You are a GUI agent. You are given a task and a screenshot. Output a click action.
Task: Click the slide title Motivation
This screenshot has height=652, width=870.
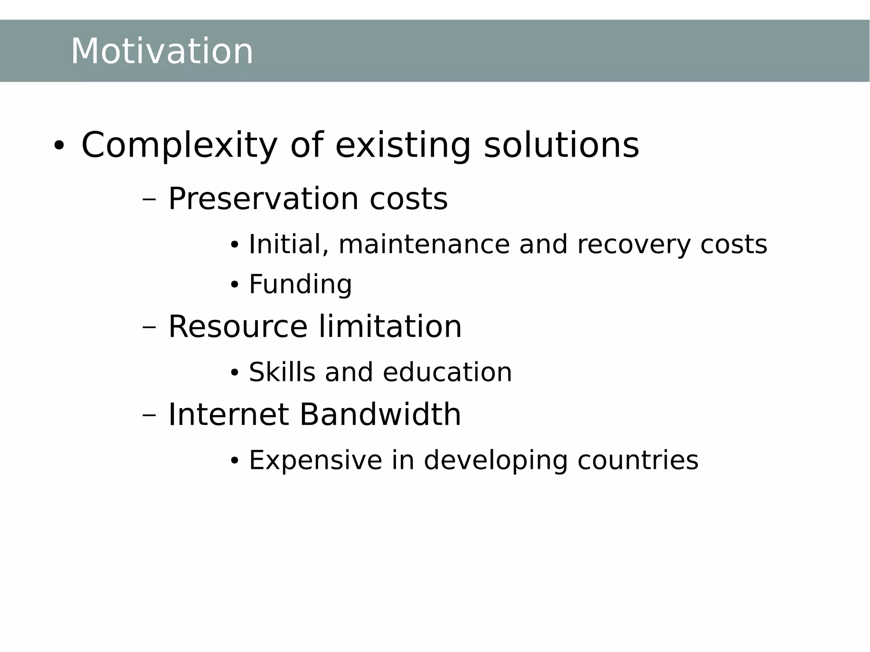pyautogui.click(x=161, y=51)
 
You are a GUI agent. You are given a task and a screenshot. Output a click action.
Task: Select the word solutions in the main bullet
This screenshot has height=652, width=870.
pyautogui.click(x=561, y=146)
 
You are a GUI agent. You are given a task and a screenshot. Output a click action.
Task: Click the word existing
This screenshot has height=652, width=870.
pyautogui.click(x=403, y=146)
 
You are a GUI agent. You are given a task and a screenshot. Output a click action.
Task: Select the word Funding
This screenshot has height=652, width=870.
pyautogui.click(x=300, y=285)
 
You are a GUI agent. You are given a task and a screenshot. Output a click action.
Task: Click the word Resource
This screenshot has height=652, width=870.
pyautogui.click(x=237, y=327)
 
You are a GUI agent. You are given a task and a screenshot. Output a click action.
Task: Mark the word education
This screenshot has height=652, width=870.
pyautogui.click(x=447, y=373)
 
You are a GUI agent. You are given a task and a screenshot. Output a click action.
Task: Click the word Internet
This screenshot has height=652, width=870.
pyautogui.click(x=229, y=415)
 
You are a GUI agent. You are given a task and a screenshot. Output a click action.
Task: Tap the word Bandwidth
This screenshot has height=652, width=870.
pyautogui.click(x=380, y=415)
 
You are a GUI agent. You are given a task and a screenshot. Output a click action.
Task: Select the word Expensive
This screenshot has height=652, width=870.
pyautogui.click(x=315, y=460)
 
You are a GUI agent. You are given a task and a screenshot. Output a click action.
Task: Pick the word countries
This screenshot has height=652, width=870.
pyautogui.click(x=638, y=460)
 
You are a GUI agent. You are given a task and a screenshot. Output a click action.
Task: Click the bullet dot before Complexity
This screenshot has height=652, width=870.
pyautogui.click(x=59, y=146)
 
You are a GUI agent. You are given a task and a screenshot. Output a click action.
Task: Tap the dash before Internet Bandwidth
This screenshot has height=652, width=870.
pyautogui.click(x=150, y=415)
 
